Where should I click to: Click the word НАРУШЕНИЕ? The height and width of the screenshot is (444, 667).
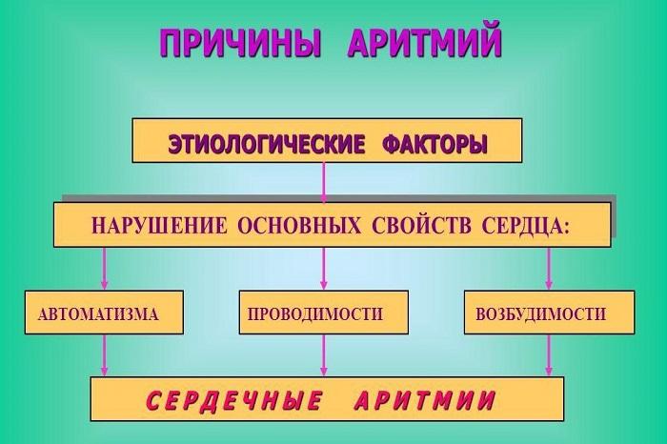click(158, 227)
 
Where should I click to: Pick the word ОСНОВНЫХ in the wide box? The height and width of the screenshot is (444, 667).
click(295, 227)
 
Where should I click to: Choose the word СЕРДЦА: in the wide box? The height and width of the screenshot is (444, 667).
click(521, 227)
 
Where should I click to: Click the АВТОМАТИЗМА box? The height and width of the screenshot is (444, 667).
click(104, 313)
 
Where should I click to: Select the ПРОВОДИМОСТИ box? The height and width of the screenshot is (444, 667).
click(323, 313)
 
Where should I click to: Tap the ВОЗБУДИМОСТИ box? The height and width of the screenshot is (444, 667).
click(548, 313)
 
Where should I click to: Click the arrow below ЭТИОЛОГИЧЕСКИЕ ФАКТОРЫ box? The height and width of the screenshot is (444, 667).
click(324, 181)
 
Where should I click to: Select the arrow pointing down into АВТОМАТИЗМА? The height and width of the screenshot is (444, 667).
click(104, 269)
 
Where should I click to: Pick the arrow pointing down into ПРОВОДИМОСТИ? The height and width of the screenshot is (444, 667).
click(324, 269)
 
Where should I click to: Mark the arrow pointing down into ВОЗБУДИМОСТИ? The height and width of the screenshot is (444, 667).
click(548, 269)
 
